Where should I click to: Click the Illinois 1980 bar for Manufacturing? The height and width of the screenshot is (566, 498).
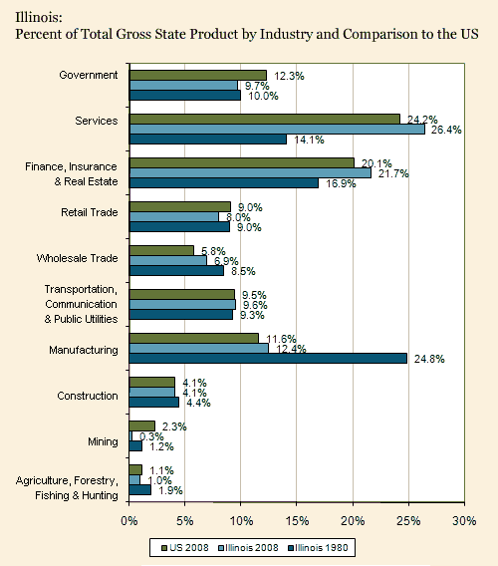point(268,358)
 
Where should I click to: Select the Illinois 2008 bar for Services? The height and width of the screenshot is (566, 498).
point(277,129)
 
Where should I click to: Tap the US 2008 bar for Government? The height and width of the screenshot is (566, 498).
point(198,75)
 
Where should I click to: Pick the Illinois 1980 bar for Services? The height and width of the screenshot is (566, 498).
point(208,140)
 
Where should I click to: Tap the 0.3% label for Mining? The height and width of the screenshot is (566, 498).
point(152,436)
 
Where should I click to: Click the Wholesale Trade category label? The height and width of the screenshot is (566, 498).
point(83,259)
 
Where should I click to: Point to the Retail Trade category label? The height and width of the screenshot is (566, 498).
point(90,212)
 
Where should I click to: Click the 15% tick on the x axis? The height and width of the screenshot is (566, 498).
point(297,520)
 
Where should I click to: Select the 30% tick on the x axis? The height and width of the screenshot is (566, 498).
point(464,520)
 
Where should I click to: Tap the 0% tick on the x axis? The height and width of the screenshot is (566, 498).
point(129,520)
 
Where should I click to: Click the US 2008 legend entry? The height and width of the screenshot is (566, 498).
point(184,547)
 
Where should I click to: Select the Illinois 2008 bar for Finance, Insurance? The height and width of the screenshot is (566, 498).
point(250,173)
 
